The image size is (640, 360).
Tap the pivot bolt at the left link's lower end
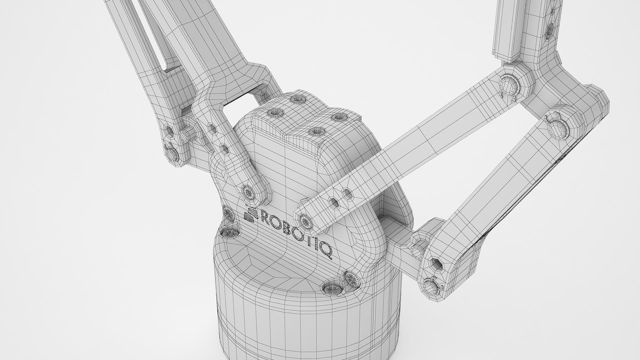pos(249,192)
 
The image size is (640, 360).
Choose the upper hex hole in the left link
pos(211,127)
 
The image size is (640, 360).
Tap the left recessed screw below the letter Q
pos(331,288)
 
